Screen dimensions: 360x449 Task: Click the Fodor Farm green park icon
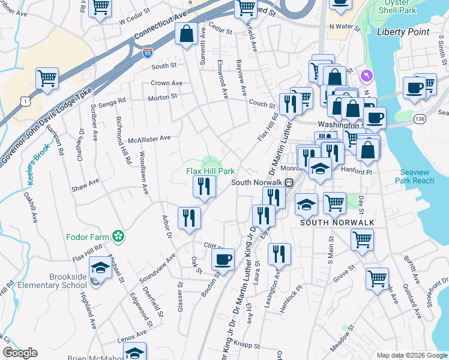click(x=119, y=236)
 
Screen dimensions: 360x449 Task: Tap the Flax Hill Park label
click(x=210, y=171)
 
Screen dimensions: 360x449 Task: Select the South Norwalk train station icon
click(x=289, y=183)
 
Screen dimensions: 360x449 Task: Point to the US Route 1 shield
click(x=7, y=103)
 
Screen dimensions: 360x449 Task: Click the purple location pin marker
click(x=367, y=76)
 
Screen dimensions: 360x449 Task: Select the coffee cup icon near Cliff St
click(x=223, y=260)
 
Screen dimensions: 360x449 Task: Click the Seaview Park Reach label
click(x=414, y=176)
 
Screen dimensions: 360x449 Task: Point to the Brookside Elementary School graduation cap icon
click(x=100, y=268)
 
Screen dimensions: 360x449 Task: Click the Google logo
click(x=20, y=353)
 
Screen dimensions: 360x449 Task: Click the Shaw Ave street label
click(x=85, y=181)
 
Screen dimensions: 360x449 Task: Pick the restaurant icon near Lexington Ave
click(x=279, y=254)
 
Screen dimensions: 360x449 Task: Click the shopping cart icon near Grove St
click(x=376, y=278)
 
